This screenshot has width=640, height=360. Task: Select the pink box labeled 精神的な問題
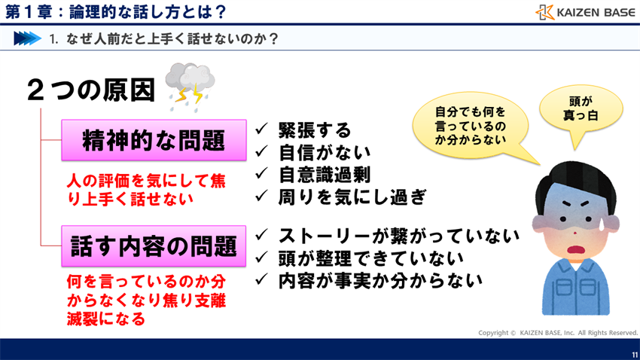click(154, 141)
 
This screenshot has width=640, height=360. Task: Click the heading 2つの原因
click(90, 91)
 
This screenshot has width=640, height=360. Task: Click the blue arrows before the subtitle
click(26, 38)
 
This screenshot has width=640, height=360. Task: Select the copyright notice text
click(557, 332)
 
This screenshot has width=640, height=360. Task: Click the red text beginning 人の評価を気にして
click(145, 190)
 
